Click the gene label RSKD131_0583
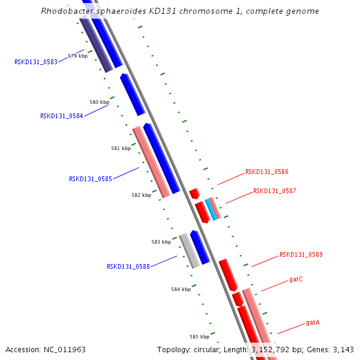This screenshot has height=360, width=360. [x=36, y=62]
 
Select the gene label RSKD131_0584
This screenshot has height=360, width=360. [x=62, y=116]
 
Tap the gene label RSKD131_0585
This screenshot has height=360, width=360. [x=91, y=179]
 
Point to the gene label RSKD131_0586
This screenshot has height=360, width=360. [x=266, y=172]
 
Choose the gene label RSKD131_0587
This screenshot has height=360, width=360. [x=274, y=191]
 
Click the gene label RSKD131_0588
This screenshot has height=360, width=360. [x=128, y=266]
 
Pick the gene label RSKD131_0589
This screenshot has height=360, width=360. [x=301, y=254]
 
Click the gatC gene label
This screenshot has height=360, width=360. [x=296, y=279]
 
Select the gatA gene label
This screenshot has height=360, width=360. [x=313, y=322]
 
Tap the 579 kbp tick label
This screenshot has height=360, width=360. [x=77, y=56]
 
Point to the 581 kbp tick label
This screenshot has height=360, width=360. [x=121, y=148]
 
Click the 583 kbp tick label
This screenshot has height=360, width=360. [x=161, y=242]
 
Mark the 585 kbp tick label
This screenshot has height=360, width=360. [x=199, y=337]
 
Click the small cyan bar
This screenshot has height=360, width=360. [x=210, y=209]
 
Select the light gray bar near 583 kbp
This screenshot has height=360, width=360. [x=190, y=251]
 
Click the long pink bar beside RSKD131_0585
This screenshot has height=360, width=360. [x=151, y=161]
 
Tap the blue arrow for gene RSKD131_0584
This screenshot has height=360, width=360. [x=132, y=94]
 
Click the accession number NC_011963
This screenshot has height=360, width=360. [x=65, y=349]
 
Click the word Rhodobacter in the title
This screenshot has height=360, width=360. [x=66, y=11]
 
